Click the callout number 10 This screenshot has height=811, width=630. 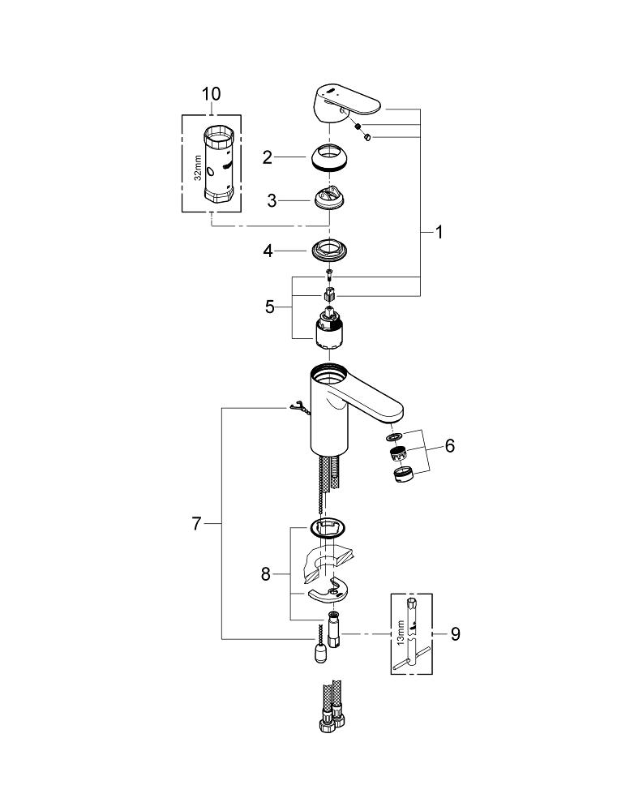[x=211, y=94]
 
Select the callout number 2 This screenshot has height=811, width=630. [x=268, y=157]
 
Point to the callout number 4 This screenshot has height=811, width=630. [x=268, y=251]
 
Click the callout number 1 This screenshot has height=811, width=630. [x=439, y=233]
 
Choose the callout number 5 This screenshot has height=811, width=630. [x=270, y=307]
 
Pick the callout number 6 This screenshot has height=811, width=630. [x=449, y=445]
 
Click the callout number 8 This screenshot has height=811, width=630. [x=265, y=575]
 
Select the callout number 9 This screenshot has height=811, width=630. [x=455, y=633]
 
